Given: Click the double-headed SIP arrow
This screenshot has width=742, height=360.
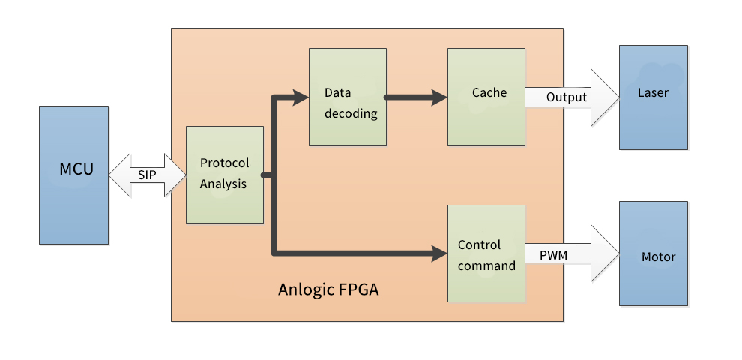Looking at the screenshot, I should coord(147,175).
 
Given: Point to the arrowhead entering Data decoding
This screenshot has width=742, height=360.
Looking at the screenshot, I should coord(301,97).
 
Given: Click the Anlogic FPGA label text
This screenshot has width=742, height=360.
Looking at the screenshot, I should coord(328,289).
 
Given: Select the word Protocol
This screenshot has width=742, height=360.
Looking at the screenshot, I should coord(224,163).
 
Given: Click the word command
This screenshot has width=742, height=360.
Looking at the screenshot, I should coord(486,265).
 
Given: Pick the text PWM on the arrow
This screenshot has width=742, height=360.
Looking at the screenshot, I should coord(553,256).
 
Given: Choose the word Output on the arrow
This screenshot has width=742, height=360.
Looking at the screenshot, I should coord(567,97).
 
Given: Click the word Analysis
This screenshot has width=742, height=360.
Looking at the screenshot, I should coord(223,184).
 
